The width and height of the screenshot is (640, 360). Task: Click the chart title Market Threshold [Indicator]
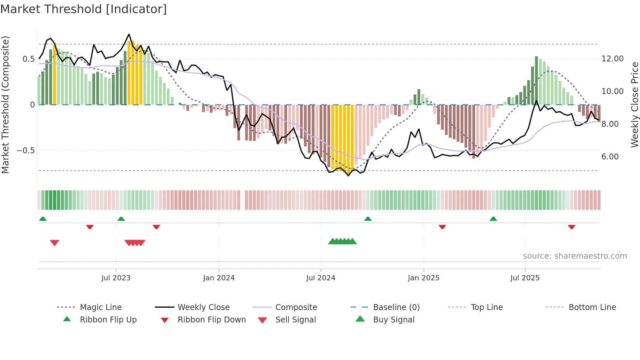click(84, 9)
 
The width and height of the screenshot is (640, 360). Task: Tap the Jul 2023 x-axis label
click(116, 278)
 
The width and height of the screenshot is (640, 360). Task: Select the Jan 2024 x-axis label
click(219, 278)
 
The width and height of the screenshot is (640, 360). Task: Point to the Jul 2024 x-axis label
click(321, 278)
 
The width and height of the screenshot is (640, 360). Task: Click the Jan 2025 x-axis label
click(424, 278)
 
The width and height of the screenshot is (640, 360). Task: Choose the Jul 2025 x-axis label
click(525, 278)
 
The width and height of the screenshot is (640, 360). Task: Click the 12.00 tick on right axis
click(612, 59)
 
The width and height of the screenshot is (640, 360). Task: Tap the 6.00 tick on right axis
click(610, 157)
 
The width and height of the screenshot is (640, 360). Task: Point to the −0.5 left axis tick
click(25, 151)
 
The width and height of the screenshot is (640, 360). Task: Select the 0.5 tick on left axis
click(28, 59)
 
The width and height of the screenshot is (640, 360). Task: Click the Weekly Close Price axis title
click(634, 105)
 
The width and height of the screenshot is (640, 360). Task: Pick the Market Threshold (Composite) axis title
click(5, 105)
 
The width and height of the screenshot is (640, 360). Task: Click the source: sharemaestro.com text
click(575, 256)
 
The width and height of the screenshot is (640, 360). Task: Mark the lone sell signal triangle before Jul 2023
click(55, 243)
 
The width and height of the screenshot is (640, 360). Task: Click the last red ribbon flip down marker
click(571, 227)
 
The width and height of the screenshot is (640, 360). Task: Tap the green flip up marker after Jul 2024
click(368, 219)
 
